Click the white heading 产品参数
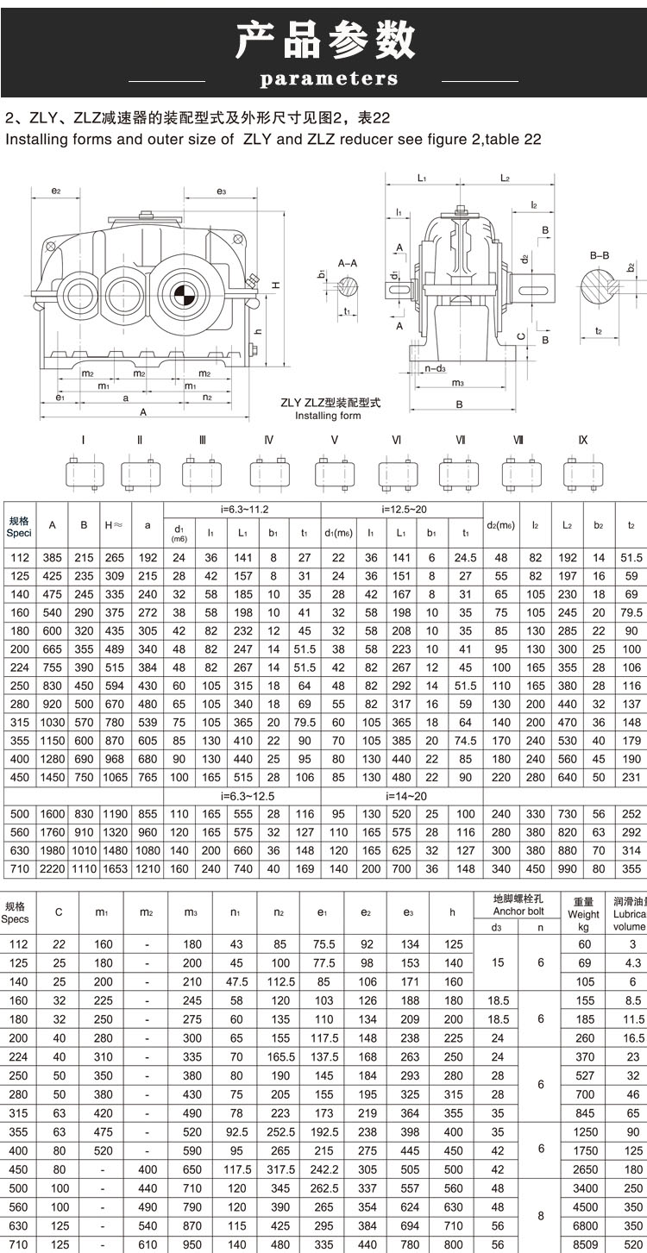click(325, 40)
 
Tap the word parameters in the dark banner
click(329, 79)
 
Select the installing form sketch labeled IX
click(583, 473)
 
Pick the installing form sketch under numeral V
click(334, 473)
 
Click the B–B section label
click(600, 256)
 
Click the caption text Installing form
click(328, 416)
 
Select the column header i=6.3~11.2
click(242, 509)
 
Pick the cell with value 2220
click(52, 868)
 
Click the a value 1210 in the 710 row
click(148, 868)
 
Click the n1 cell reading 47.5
click(237, 981)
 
